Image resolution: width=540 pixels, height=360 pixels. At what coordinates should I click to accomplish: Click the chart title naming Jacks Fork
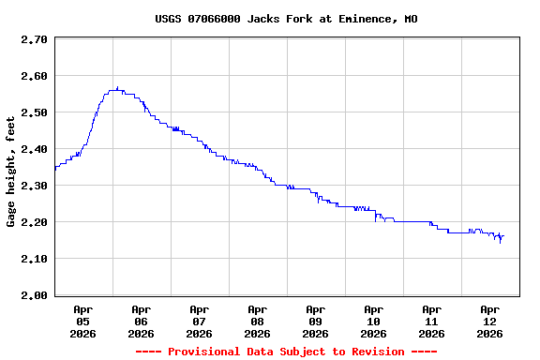pos(286,19)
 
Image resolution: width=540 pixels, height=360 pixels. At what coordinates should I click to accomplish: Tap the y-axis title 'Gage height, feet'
pos(11,172)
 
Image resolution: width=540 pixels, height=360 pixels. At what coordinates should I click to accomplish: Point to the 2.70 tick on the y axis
pos(34,39)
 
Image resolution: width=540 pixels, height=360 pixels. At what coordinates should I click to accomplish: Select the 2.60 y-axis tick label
pos(34,76)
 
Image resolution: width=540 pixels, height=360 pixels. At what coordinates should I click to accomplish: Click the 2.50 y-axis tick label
pos(34,112)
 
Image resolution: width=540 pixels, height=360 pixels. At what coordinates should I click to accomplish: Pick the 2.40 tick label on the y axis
pos(34,149)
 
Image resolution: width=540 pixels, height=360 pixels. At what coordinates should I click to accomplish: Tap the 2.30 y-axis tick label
pos(34,186)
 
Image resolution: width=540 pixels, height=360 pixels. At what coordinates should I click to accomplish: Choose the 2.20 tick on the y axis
pos(34,222)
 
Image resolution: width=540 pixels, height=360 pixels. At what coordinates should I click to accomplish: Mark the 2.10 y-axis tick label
pos(34,259)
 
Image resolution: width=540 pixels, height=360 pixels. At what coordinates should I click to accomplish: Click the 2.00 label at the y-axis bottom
pos(34,295)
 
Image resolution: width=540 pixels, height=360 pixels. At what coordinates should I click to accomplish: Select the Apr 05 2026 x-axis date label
pos(82,321)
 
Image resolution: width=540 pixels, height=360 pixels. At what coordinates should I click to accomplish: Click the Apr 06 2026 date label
pos(141,321)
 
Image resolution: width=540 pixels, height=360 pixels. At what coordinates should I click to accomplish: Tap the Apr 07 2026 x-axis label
pos(199,321)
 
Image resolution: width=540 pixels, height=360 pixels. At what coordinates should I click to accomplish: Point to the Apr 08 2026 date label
pos(257,321)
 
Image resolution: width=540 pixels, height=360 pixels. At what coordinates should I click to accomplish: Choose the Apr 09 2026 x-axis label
pos(315,321)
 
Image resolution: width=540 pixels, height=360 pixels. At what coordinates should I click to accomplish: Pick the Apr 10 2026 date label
pos(373,321)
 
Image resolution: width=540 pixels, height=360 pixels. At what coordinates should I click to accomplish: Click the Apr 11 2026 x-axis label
pos(431,321)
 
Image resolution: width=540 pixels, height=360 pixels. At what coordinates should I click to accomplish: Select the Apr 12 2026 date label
pos(489,321)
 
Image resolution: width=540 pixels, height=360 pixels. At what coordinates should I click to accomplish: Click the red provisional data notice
pos(286,352)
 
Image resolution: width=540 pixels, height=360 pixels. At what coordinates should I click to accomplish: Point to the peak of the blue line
pos(116,89)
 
